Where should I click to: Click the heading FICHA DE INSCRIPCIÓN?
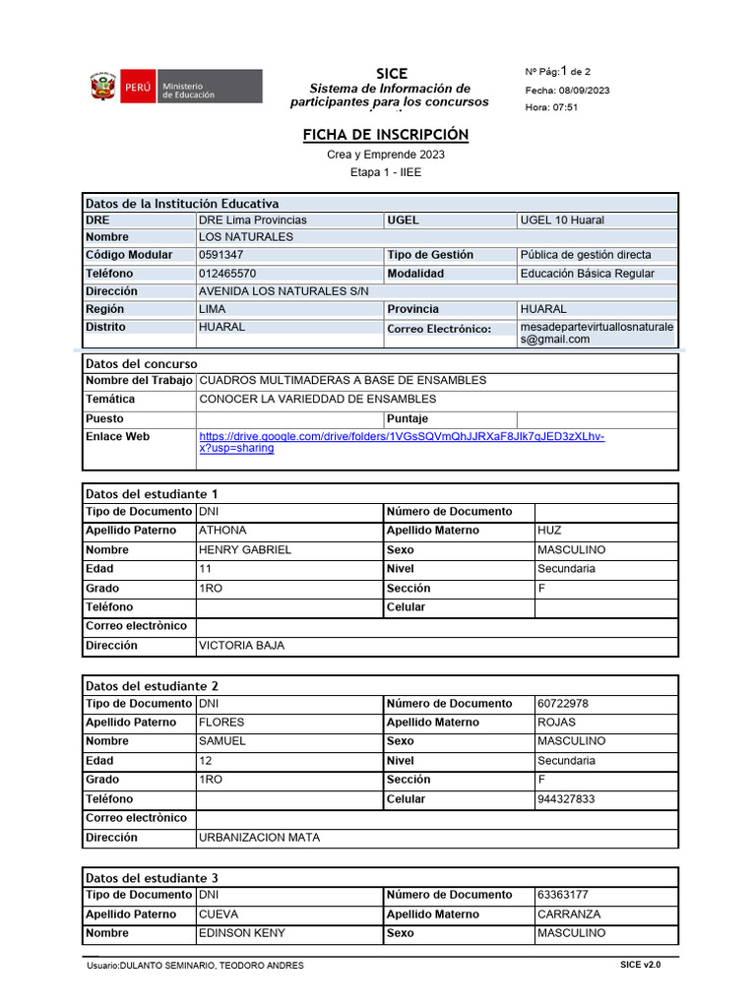385,134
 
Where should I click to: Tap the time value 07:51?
564,107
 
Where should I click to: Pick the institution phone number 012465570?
227,274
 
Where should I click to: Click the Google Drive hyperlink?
401,442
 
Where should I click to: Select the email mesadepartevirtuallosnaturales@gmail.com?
597,333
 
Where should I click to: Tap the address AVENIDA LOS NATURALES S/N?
283,291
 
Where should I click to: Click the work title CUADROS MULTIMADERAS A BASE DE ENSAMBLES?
342,380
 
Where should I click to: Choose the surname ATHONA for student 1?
222,531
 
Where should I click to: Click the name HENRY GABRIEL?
245,550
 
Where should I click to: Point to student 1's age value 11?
205,569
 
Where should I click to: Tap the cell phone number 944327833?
565,799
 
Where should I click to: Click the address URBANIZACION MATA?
259,838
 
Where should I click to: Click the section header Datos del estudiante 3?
153,878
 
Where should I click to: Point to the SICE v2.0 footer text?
640,966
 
